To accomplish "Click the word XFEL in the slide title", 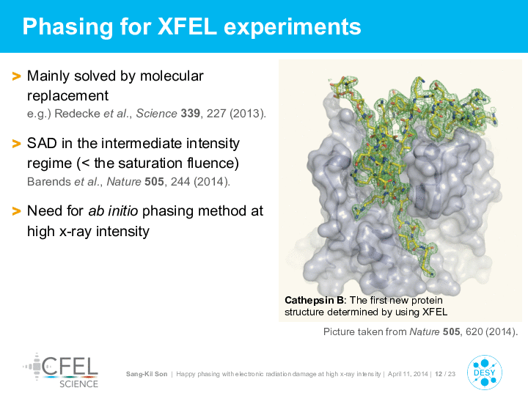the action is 187,26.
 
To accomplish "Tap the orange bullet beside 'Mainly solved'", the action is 16,76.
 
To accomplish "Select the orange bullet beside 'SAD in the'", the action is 16,144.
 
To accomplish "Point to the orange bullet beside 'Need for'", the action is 16,211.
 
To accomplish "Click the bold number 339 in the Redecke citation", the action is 190,114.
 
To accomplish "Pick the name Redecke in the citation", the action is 77,114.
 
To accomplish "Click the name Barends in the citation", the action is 49,182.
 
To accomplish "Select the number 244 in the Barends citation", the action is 180,182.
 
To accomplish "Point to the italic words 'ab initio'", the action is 113,211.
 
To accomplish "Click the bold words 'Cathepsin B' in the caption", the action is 314,300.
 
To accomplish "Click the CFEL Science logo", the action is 61,370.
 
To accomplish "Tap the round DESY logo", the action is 485,373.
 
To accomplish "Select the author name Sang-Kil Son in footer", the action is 147,374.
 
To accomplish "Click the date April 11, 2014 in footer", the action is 408,374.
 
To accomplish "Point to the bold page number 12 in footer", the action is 439,374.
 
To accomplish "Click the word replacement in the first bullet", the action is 67,96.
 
